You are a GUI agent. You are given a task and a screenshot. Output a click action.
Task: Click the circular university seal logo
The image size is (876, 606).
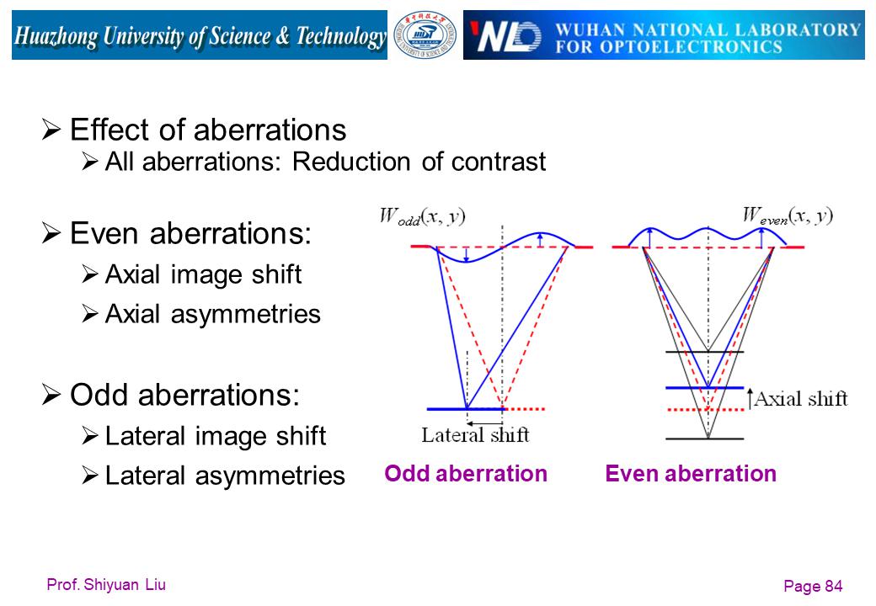[x=425, y=35]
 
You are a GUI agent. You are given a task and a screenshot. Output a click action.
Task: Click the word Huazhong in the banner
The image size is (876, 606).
[x=56, y=36]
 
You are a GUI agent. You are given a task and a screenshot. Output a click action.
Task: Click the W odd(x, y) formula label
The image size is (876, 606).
[x=422, y=216]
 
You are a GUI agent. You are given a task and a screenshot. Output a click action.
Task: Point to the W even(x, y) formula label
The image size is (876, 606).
[x=788, y=215]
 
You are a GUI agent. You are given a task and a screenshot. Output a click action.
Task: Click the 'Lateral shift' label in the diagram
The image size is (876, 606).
[x=475, y=434]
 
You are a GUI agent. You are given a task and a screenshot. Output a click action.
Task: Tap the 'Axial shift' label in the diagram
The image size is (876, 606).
[x=800, y=399]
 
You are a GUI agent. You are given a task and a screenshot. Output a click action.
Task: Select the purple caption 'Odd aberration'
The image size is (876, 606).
[x=465, y=473]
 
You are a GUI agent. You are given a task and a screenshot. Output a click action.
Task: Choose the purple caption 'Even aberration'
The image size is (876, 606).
[x=691, y=473]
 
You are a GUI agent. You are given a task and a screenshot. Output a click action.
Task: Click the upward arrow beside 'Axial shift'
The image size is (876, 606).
[x=750, y=399]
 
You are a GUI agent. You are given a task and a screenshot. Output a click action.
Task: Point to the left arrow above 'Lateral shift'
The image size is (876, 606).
[x=485, y=423]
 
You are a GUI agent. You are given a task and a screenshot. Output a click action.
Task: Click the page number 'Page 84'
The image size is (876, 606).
[x=813, y=586]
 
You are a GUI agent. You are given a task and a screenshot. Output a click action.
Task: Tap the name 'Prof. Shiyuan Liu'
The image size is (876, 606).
[x=106, y=584]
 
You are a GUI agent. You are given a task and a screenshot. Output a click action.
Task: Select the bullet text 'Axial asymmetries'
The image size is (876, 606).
[x=213, y=314]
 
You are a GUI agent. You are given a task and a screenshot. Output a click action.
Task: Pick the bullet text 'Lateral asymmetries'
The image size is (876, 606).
[x=225, y=476]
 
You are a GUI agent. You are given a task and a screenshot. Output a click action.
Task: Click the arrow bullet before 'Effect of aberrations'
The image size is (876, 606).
[x=51, y=130]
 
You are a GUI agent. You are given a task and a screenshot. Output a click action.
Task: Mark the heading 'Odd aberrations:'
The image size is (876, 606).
[x=185, y=395]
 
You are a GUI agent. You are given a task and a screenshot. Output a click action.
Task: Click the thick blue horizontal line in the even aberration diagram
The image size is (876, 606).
[x=704, y=387]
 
